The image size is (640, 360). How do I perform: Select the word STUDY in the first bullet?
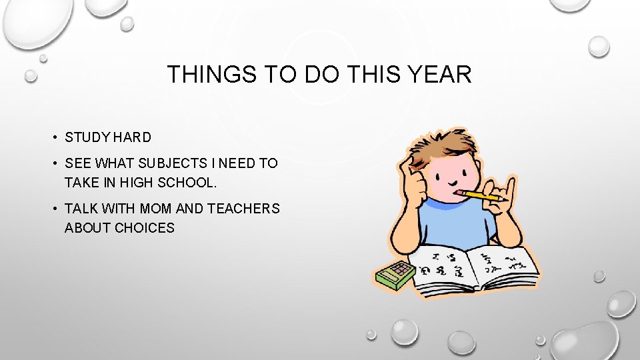click(x=87, y=138)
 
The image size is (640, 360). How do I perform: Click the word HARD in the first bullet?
click(x=132, y=138)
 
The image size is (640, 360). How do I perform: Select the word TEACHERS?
click(x=243, y=209)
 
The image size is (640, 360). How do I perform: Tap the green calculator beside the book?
click(x=393, y=273)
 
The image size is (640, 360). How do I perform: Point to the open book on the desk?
click(x=473, y=267)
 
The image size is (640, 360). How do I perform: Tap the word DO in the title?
click(x=321, y=75)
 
